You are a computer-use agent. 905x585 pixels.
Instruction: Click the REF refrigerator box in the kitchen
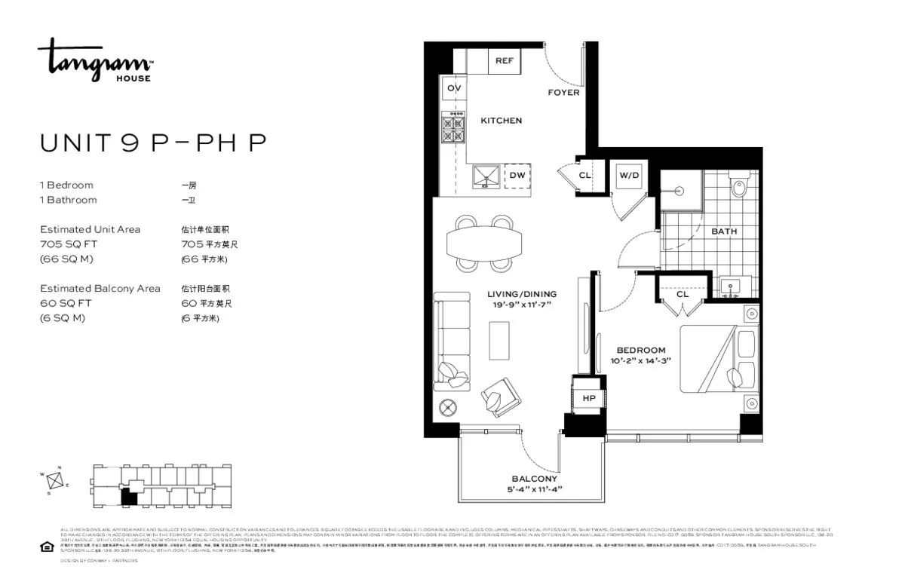tap(504, 60)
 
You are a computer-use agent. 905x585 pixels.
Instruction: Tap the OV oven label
tap(454, 88)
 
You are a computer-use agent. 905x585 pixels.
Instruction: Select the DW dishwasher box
tap(517, 176)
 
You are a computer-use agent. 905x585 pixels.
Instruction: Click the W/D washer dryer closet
tap(628, 176)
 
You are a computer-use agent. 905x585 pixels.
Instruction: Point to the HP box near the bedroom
tap(588, 398)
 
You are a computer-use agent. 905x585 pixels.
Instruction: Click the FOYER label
tap(563, 93)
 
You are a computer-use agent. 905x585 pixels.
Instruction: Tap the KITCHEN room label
tap(501, 121)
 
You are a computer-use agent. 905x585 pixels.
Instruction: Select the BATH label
tap(724, 231)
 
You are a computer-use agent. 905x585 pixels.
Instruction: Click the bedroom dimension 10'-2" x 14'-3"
tap(640, 360)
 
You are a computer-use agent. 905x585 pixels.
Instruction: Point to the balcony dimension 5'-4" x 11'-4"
tap(534, 489)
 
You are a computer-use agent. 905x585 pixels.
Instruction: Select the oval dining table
tap(483, 243)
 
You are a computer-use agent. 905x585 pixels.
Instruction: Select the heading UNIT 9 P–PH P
tap(153, 143)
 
